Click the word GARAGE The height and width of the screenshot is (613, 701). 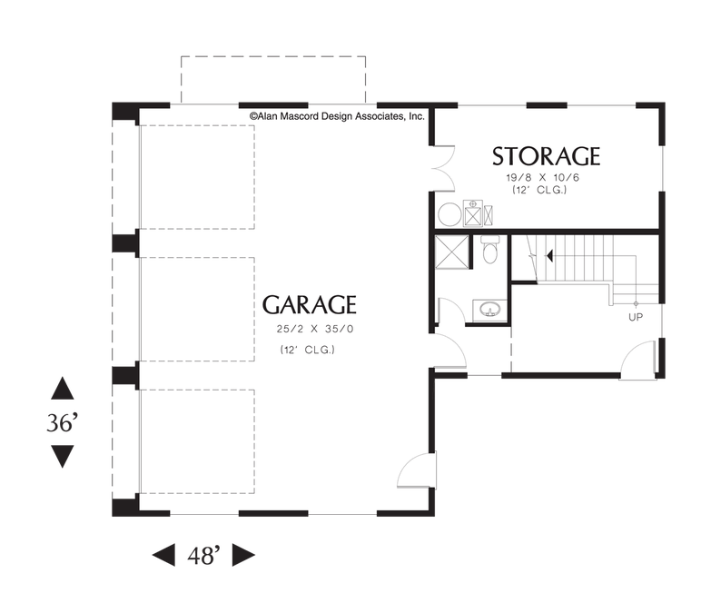point(309,305)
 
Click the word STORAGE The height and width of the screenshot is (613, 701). point(546,156)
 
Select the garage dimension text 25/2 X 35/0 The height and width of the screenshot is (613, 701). point(315,329)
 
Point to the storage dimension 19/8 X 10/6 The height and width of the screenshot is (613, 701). point(542,177)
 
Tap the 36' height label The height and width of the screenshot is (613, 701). point(62,422)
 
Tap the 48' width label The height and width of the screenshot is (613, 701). point(203,555)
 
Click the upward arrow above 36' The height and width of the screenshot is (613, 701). point(62,388)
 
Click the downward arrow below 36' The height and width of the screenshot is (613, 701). point(62,457)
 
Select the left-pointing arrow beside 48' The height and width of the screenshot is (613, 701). point(163,555)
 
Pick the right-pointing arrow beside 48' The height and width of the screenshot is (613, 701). point(243,555)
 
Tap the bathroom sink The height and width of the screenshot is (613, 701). point(490,310)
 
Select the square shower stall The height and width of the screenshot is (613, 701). point(451,252)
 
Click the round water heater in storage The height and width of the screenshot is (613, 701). point(449,214)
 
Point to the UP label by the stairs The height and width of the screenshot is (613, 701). point(636,317)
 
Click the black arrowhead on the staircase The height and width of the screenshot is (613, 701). point(549,256)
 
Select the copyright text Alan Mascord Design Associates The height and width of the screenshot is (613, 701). point(337,117)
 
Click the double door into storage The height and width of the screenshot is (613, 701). point(443,169)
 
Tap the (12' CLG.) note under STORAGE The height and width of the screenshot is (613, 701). point(539,190)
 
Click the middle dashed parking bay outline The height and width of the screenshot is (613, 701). point(198,309)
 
